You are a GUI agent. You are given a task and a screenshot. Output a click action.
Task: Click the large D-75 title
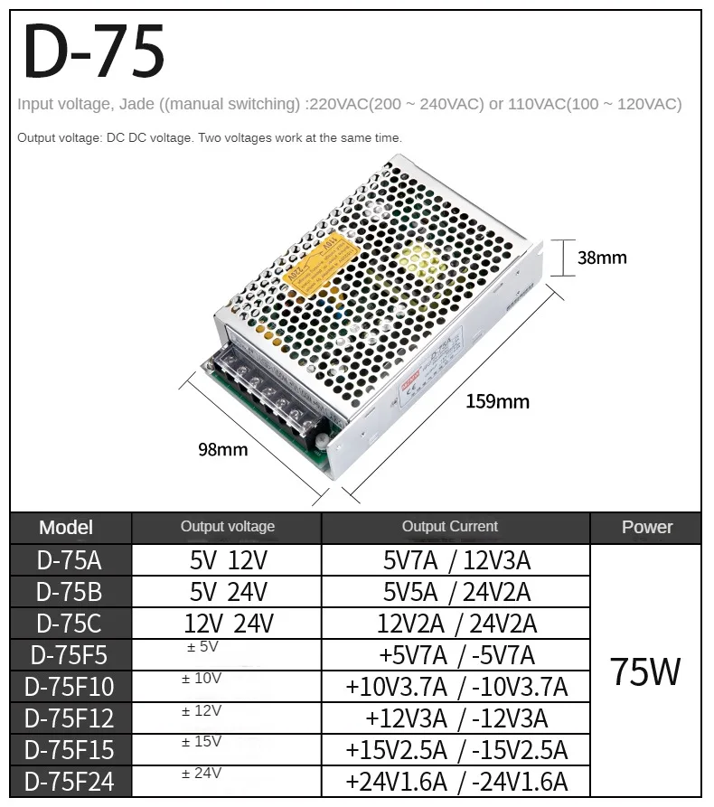[94, 52]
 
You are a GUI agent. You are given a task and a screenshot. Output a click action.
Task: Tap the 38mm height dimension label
[602, 258]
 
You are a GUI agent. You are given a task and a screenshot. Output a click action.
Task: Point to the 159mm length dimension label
[497, 401]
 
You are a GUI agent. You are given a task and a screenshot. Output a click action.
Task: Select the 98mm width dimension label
[222, 449]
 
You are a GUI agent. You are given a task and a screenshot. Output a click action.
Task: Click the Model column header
[66, 528]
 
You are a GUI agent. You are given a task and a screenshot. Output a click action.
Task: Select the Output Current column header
[450, 527]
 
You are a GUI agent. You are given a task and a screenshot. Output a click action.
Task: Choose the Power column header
[647, 528]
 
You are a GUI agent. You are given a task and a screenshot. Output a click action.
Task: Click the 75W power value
[645, 671]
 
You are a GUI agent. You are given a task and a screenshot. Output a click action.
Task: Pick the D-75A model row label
[70, 560]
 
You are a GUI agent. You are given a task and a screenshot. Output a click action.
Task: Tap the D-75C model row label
[70, 624]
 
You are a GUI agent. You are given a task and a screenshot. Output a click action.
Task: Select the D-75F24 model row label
[70, 781]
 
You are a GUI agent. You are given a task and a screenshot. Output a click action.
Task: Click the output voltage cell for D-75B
[228, 592]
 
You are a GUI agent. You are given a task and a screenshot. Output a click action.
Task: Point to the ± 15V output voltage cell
[202, 742]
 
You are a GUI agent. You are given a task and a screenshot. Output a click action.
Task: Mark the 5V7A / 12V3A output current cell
[456, 560]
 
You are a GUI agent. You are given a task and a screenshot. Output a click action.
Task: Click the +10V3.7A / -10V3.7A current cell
[456, 687]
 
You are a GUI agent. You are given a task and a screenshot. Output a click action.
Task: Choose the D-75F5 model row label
[70, 655]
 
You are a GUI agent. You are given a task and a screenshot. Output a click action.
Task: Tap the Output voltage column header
[227, 527]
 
